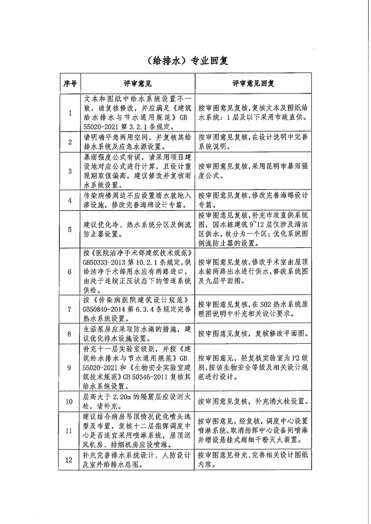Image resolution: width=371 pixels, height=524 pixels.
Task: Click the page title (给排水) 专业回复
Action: [185, 61]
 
